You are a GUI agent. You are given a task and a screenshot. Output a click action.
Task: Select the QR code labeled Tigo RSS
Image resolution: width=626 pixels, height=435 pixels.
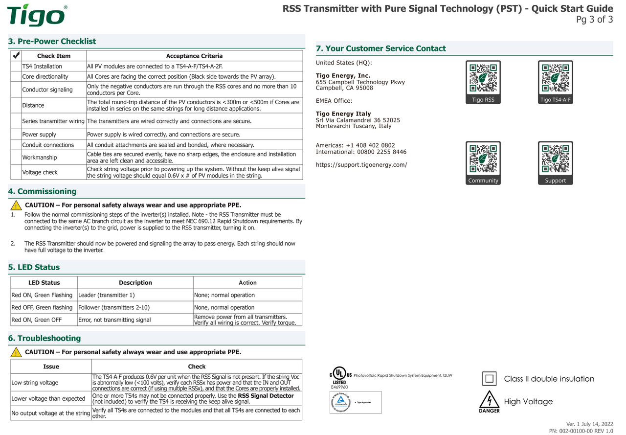483,78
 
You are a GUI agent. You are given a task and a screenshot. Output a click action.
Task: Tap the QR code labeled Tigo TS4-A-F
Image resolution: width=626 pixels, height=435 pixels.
555,78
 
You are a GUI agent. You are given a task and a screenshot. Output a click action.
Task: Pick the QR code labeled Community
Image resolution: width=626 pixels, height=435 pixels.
483,159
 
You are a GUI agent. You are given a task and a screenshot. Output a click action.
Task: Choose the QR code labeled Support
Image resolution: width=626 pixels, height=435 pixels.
555,159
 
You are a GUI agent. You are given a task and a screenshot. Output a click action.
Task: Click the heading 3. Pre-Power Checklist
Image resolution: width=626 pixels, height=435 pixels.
52,42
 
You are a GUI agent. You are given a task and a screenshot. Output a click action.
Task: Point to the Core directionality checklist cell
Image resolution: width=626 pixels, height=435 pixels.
45,77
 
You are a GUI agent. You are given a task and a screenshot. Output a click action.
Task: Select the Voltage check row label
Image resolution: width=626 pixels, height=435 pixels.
40,172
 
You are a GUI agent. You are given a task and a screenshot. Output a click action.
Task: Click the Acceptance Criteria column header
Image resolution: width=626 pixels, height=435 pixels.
194,56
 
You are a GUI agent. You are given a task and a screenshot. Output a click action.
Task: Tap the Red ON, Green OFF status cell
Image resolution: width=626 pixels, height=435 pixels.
37,320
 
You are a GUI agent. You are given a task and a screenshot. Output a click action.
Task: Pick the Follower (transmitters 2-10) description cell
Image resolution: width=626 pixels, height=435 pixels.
114,308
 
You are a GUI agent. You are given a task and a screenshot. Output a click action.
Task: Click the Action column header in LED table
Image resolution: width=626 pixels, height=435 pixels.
247,283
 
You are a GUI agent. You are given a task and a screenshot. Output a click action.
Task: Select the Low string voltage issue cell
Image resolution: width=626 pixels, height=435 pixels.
35,383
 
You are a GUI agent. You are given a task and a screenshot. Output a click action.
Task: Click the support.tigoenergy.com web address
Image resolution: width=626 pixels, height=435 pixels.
361,165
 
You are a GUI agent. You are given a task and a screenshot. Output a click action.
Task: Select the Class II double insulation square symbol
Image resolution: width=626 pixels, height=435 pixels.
490,379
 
